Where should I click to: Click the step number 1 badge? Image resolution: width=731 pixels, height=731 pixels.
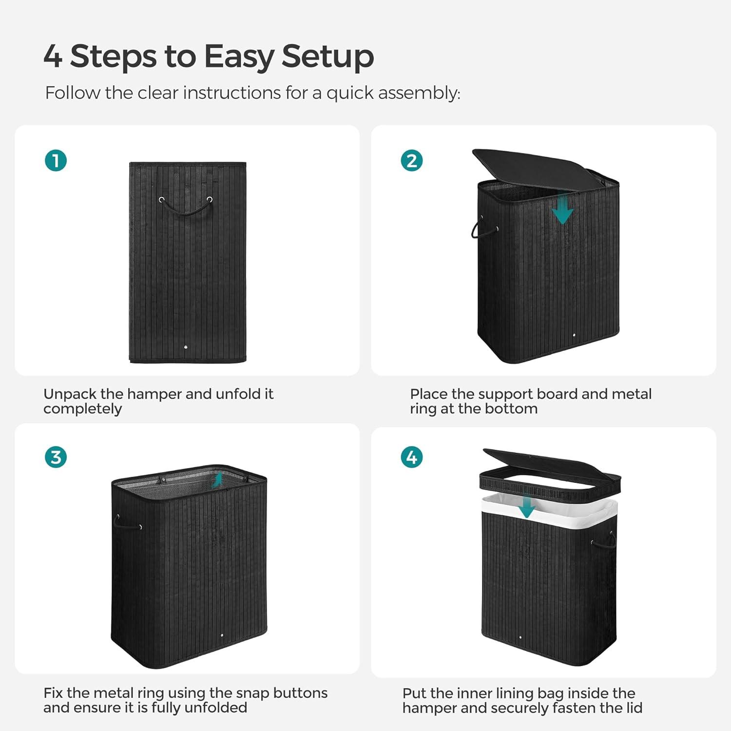click(x=56, y=161)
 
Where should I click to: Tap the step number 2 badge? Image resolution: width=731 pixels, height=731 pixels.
click(x=412, y=161)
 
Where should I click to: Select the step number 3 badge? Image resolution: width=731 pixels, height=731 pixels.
click(x=56, y=457)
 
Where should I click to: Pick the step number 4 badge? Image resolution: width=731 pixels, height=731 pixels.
click(x=412, y=457)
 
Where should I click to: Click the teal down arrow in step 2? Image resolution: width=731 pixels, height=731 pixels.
click(x=563, y=209)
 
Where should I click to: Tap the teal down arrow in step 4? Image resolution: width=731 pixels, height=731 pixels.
click(x=526, y=507)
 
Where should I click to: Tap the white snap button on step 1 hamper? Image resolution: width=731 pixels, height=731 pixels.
click(x=186, y=347)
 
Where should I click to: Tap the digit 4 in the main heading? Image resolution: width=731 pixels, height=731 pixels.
click(x=53, y=56)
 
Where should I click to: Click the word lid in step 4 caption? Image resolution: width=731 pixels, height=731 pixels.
click(x=634, y=708)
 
